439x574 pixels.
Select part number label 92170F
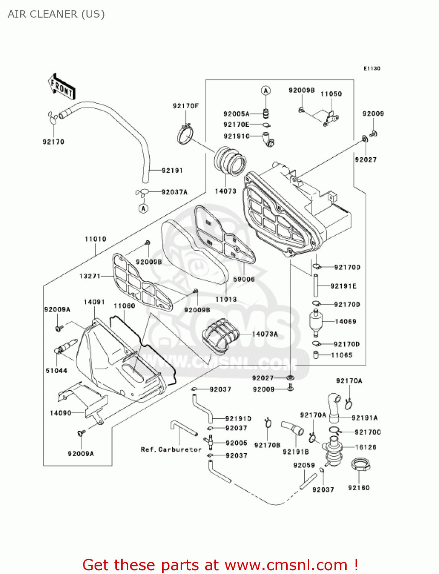[186, 106]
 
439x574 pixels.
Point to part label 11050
[331, 94]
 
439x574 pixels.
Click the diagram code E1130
[372, 68]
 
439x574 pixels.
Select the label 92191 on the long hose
[172, 170]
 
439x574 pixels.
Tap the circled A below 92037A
[143, 209]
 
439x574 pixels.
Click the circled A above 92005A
[266, 91]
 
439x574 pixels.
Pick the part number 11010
[95, 239]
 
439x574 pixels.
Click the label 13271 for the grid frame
[90, 276]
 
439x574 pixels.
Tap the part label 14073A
[265, 334]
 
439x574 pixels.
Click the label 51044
[56, 370]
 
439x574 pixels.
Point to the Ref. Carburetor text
[171, 450]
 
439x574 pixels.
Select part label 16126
[366, 447]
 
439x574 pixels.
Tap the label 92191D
[238, 419]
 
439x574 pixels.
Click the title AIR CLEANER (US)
[56, 14]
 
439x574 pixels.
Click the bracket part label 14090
[60, 413]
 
